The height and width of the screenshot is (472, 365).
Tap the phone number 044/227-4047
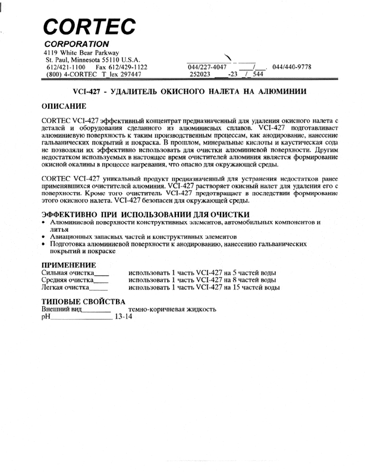click(x=204, y=67)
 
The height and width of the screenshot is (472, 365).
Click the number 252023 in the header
click(x=200, y=75)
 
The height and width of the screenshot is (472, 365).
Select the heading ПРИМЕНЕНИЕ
click(x=68, y=265)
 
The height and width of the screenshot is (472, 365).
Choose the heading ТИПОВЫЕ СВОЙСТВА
click(x=83, y=301)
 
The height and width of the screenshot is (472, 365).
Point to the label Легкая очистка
click(x=65, y=287)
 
